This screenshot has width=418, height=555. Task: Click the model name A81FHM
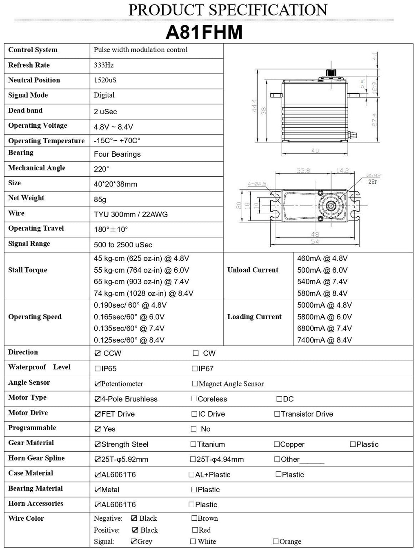(x=204, y=33)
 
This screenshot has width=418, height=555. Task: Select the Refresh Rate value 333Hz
(x=104, y=65)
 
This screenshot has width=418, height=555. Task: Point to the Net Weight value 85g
(x=100, y=200)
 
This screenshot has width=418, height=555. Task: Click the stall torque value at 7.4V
(x=141, y=282)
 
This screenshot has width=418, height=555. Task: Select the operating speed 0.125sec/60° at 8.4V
(x=129, y=340)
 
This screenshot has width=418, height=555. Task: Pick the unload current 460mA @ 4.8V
(x=322, y=258)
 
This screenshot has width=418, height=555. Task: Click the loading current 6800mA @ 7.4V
(x=324, y=328)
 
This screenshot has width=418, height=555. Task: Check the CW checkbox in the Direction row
(x=196, y=353)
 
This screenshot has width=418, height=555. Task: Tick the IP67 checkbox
(x=195, y=369)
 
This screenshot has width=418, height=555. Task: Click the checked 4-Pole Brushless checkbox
(x=98, y=399)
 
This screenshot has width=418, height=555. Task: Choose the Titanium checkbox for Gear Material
(x=193, y=444)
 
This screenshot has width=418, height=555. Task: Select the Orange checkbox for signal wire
(x=276, y=542)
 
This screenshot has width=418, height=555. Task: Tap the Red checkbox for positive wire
(x=195, y=530)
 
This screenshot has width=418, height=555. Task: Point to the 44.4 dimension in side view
(x=254, y=106)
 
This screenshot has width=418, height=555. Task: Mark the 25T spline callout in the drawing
(x=372, y=182)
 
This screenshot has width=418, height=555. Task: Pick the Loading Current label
(x=254, y=317)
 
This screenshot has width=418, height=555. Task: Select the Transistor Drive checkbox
(x=277, y=414)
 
